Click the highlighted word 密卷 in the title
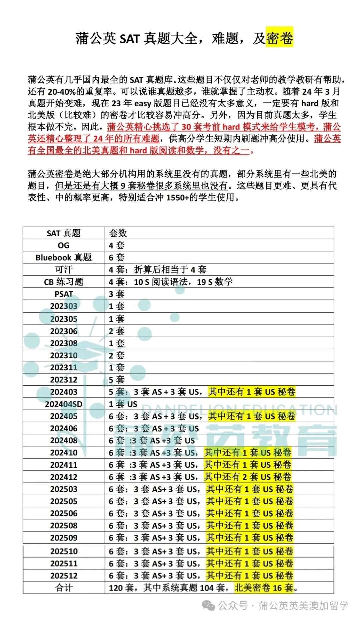280,38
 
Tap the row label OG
64,245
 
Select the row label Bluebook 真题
64,258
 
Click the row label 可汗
64,270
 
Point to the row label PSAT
64,294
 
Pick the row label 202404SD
64,404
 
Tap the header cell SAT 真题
64,233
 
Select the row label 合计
64,588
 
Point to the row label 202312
64,380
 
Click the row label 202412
64,477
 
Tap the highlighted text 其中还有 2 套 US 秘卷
248,477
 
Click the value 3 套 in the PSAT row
116,294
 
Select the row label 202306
64,331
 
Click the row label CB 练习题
64,282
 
